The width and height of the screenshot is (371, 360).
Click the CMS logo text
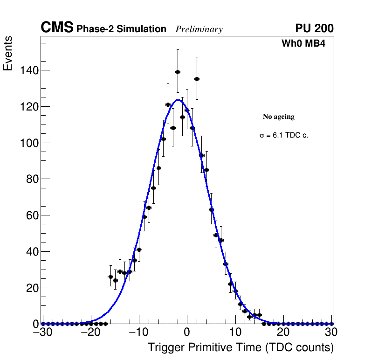[x=57, y=28]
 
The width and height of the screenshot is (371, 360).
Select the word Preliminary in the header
[x=199, y=29]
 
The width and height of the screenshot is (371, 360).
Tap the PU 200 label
[x=314, y=28]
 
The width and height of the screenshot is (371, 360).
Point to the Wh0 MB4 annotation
[x=303, y=44]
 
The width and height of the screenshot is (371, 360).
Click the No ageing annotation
[x=279, y=117]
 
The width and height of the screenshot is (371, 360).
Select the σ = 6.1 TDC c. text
[x=284, y=136]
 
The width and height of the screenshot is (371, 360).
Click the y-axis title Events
[x=8, y=53]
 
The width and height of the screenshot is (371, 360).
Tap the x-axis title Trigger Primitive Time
[x=240, y=347]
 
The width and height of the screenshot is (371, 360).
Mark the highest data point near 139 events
[x=178, y=72]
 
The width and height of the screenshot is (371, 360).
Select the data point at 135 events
[x=197, y=79]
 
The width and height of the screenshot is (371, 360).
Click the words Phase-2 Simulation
[x=121, y=29]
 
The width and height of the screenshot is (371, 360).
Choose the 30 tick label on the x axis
[x=331, y=332]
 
